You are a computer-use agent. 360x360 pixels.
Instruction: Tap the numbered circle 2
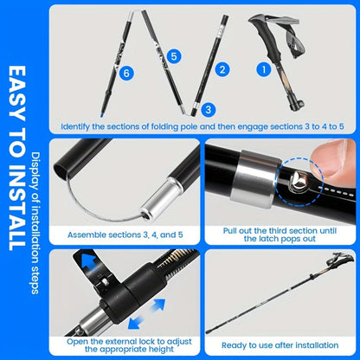pyautogui.click(x=222, y=68)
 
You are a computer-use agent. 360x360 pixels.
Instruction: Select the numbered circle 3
pyautogui.click(x=208, y=109)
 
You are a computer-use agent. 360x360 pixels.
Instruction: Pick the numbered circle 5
pyautogui.click(x=175, y=55)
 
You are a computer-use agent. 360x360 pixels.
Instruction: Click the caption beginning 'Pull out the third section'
pyautogui.click(x=280, y=235)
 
